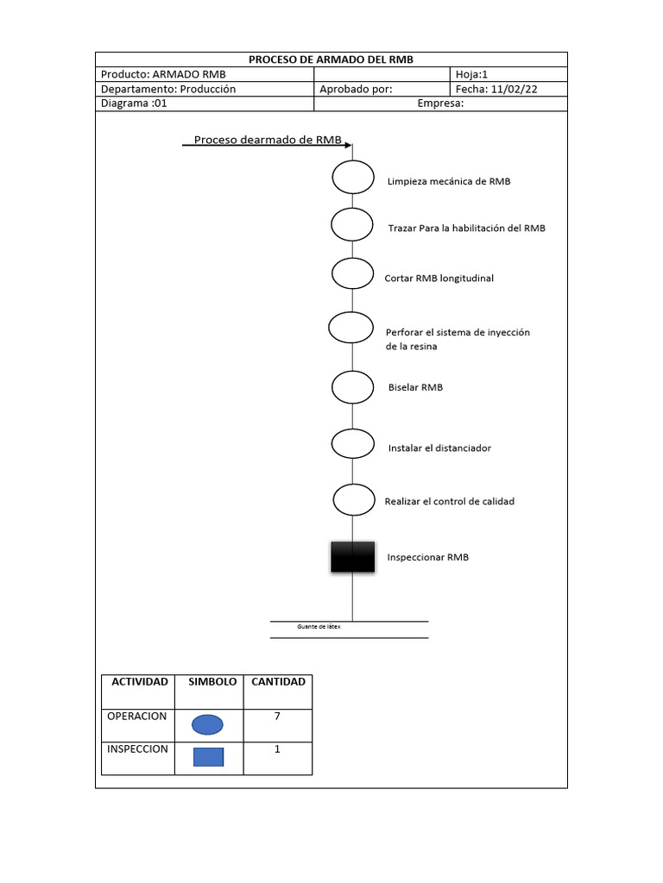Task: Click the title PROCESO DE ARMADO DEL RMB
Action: click(x=331, y=59)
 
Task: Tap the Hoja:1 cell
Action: click(x=471, y=74)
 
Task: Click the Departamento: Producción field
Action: click(x=168, y=89)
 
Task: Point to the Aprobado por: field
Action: click(x=356, y=89)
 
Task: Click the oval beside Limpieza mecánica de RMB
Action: click(x=352, y=178)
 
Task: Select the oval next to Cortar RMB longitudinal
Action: click(x=352, y=273)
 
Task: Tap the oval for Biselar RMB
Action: click(x=352, y=387)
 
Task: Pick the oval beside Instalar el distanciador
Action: click(x=352, y=444)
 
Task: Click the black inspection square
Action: click(x=352, y=557)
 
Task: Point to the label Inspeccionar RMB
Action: click(x=428, y=557)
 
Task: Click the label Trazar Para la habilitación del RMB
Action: click(x=466, y=229)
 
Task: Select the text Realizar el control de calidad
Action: click(x=449, y=501)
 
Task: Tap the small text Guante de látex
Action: click(x=319, y=627)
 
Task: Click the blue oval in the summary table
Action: click(x=208, y=724)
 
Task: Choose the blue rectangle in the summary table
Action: click(x=208, y=757)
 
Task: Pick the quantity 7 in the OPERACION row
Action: click(x=277, y=717)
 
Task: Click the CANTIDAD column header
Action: click(x=278, y=682)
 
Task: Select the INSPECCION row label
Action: click(x=137, y=749)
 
